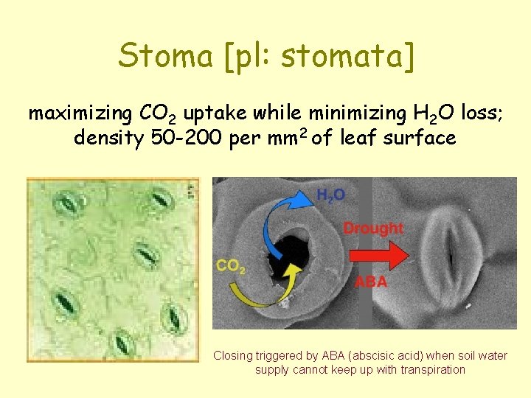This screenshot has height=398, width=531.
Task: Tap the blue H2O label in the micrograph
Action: click(330, 195)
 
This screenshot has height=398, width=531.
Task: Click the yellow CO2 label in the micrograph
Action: click(231, 265)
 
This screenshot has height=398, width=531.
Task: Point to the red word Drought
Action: click(373, 228)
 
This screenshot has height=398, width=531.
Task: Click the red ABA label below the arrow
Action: click(371, 282)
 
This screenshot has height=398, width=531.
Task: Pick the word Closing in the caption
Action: click(232, 355)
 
